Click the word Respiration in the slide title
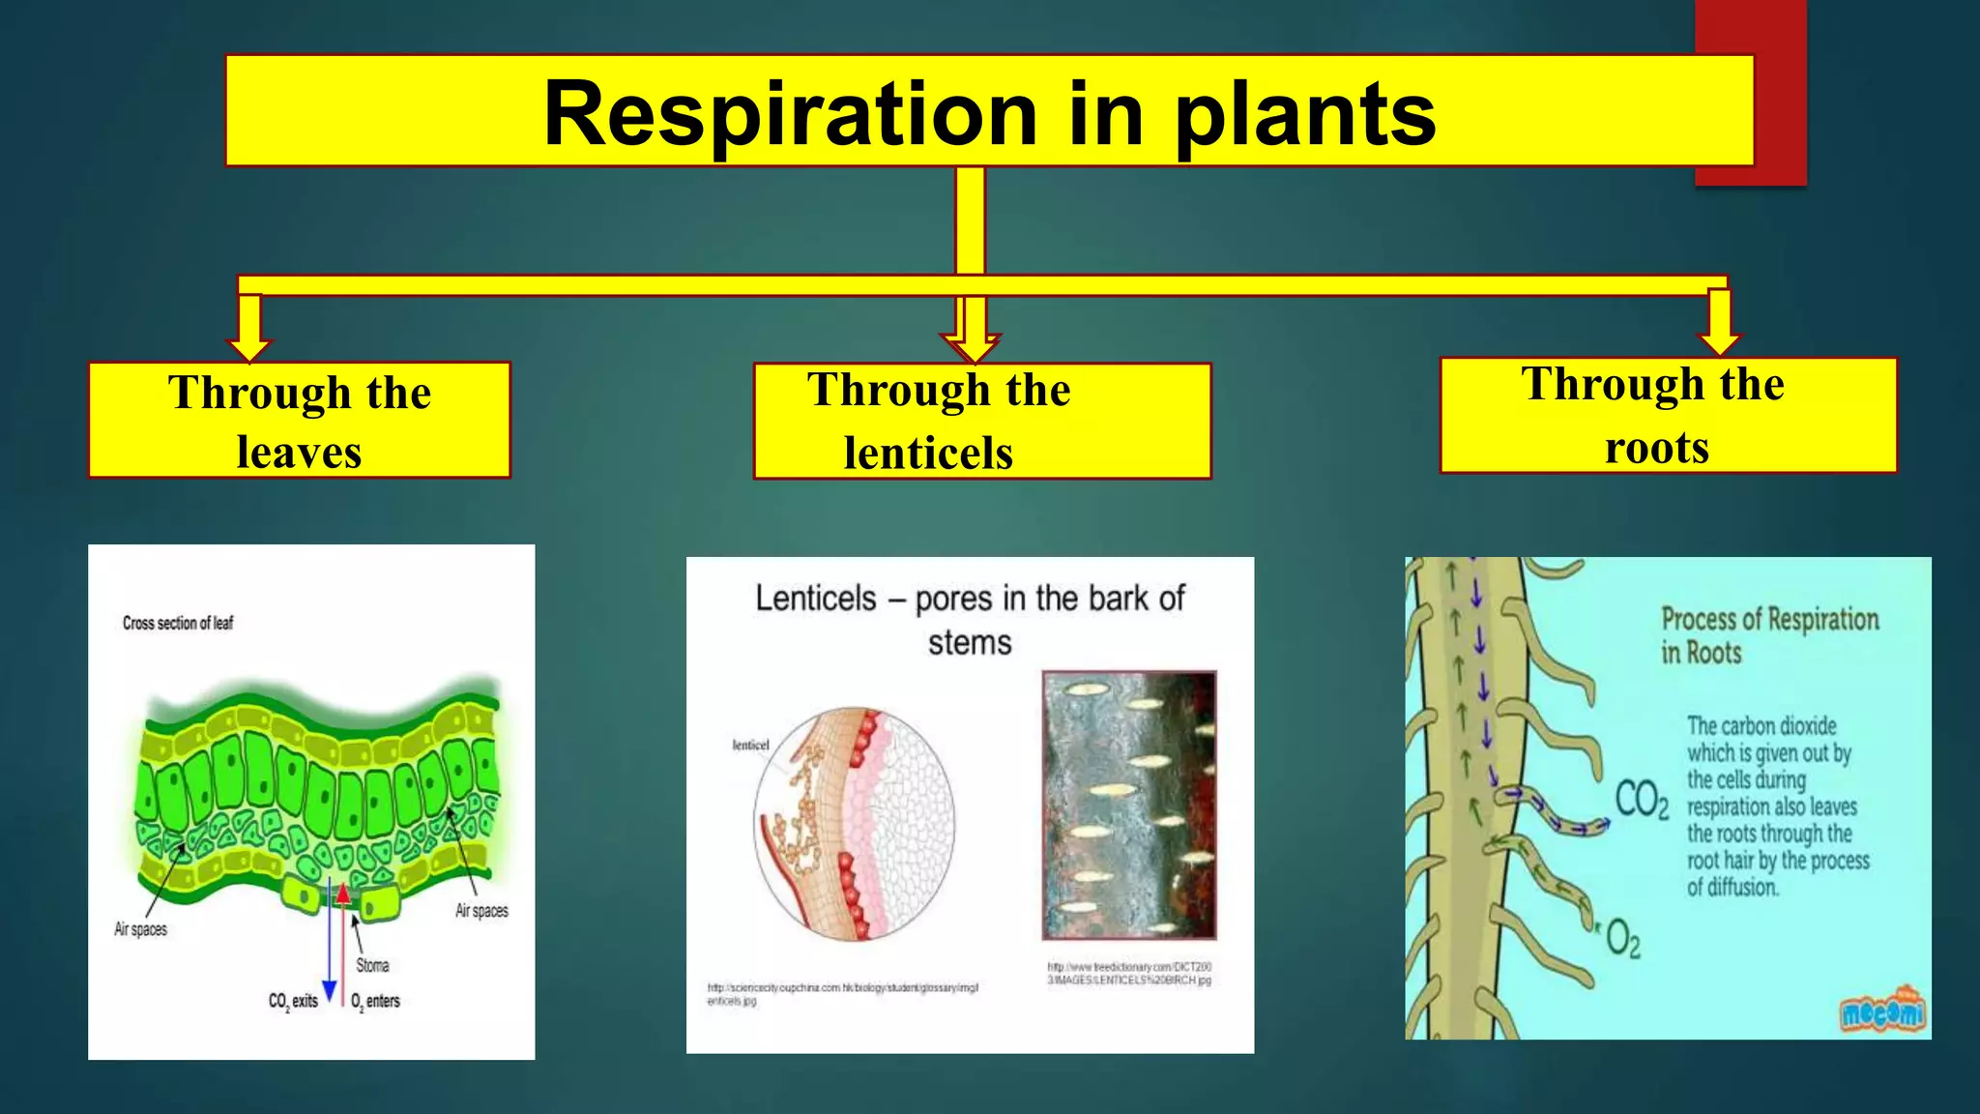pyautogui.click(x=789, y=115)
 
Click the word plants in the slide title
pyautogui.click(x=1305, y=115)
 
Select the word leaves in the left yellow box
pyautogui.click(x=299, y=453)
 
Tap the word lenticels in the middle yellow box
pyautogui.click(x=928, y=453)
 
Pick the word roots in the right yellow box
pyautogui.click(x=1657, y=448)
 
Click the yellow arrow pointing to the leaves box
pyautogui.click(x=249, y=329)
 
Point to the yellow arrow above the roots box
pyautogui.click(x=1719, y=323)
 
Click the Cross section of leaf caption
pyautogui.click(x=178, y=624)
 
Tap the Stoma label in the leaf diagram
pyautogui.click(x=372, y=965)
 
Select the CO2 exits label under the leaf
pyautogui.click(x=293, y=1001)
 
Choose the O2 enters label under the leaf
pyautogui.click(x=375, y=1001)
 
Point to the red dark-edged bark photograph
pyautogui.click(x=1128, y=805)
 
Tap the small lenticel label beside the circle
pyautogui.click(x=750, y=745)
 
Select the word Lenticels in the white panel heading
pyautogui.click(x=815, y=599)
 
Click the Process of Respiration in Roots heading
pyautogui.click(x=1769, y=634)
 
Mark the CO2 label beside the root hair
pyautogui.click(x=1641, y=801)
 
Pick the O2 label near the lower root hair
pyautogui.click(x=1622, y=938)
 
